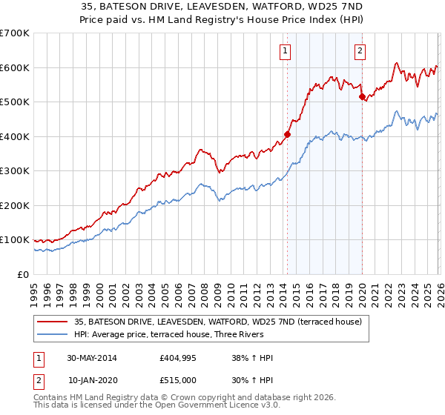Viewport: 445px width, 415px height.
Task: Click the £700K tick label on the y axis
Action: tap(15, 33)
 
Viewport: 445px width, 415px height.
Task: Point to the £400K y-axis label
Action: tap(15, 136)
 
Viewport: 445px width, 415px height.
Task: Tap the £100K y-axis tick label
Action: tap(15, 240)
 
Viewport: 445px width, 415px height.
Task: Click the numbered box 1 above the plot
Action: tap(286, 51)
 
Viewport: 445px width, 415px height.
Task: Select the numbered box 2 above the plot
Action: tap(360, 51)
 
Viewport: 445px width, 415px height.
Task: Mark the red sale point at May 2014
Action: tap(287, 135)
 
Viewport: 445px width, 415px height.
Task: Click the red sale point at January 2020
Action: tap(361, 96)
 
